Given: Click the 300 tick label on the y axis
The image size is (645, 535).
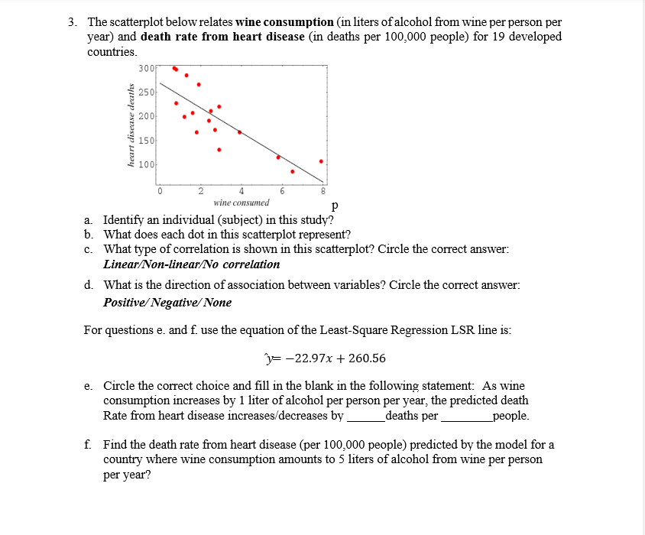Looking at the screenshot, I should click(x=145, y=68).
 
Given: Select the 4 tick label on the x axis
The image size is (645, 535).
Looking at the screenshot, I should click(x=241, y=191).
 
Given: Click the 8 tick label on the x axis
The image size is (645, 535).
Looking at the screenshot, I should click(x=322, y=191).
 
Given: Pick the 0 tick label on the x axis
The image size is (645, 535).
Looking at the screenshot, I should click(x=160, y=191).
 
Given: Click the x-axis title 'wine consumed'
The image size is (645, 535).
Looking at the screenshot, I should click(x=241, y=203).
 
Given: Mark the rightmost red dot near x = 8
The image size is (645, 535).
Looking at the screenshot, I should click(x=321, y=161).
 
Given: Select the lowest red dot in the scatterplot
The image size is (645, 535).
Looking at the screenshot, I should click(x=292, y=171).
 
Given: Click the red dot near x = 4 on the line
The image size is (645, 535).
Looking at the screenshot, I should click(x=239, y=132).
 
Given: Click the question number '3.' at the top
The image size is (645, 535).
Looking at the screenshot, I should click(x=73, y=22).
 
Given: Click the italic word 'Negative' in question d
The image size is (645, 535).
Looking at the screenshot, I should click(x=175, y=302).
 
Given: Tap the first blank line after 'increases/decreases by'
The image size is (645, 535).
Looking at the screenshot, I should click(x=365, y=417).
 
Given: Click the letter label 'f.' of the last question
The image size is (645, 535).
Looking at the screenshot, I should click(x=90, y=444).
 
